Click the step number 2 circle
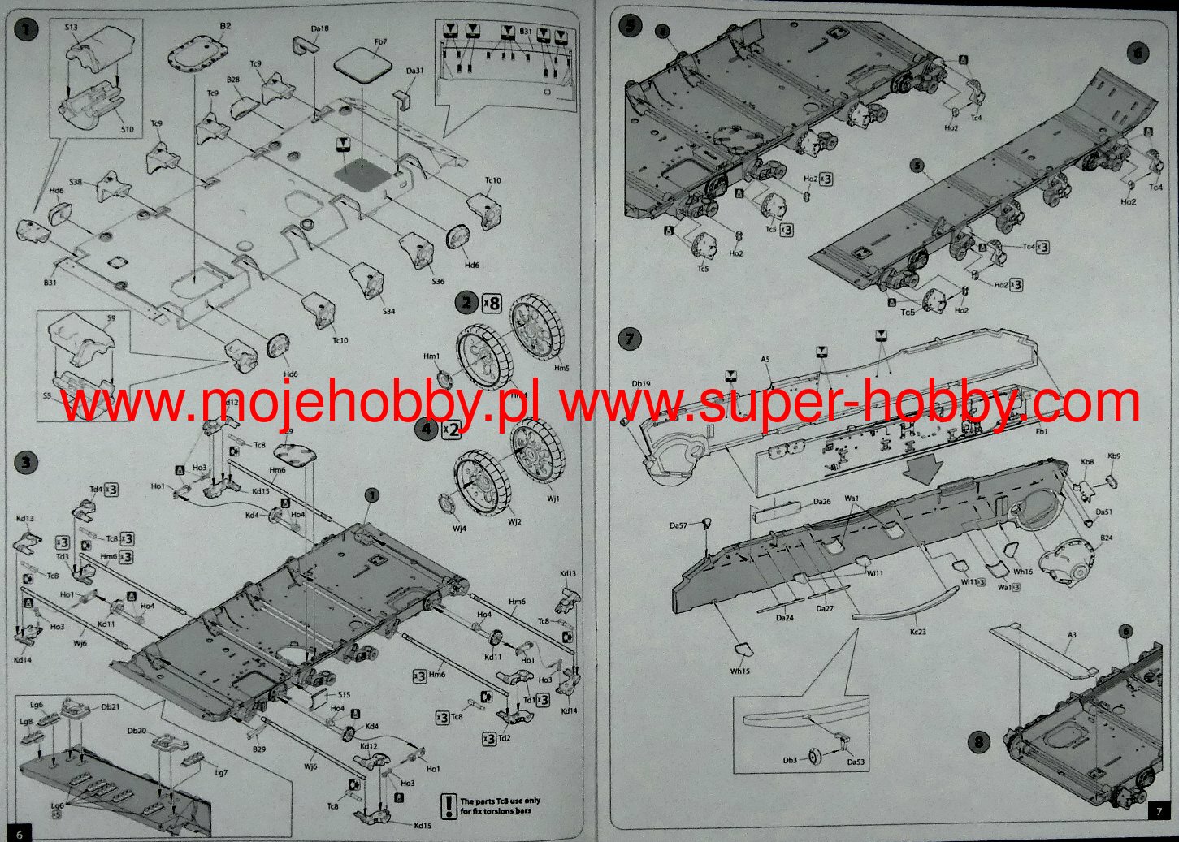[466, 304]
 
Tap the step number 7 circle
[630, 339]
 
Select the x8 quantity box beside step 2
[492, 304]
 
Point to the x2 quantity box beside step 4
[451, 429]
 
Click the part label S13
[71, 27]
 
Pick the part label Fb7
[380, 41]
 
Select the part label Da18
[320, 28]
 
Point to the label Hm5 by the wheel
[561, 368]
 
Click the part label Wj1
[553, 498]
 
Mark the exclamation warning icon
[449, 805]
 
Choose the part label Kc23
[918, 631]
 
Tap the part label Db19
[642, 384]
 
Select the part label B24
[1106, 538]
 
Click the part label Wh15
[739, 671]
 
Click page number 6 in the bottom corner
[20, 833]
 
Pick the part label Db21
[111, 706]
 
